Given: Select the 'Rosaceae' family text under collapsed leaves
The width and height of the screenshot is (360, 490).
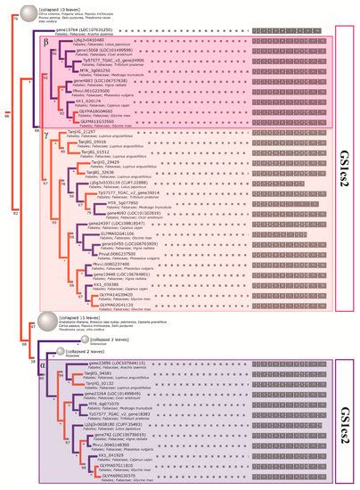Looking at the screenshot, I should [x=86, y=355].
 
